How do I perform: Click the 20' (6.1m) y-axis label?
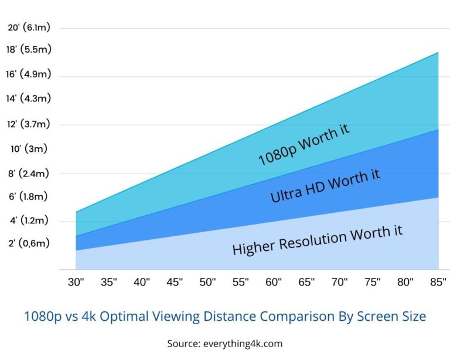29,28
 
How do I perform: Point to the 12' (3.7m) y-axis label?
29,124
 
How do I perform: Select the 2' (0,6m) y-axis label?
29,243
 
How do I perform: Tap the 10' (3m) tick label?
29,148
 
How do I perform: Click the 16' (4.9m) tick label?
29,74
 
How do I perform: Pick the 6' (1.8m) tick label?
29,197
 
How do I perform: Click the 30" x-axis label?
76,282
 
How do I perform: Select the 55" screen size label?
241,282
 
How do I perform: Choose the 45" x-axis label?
175,282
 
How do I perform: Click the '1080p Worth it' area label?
304,145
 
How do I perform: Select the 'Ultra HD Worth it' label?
325,186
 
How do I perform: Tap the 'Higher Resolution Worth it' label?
317,239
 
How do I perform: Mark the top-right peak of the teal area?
438,53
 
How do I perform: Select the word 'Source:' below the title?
185,343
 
